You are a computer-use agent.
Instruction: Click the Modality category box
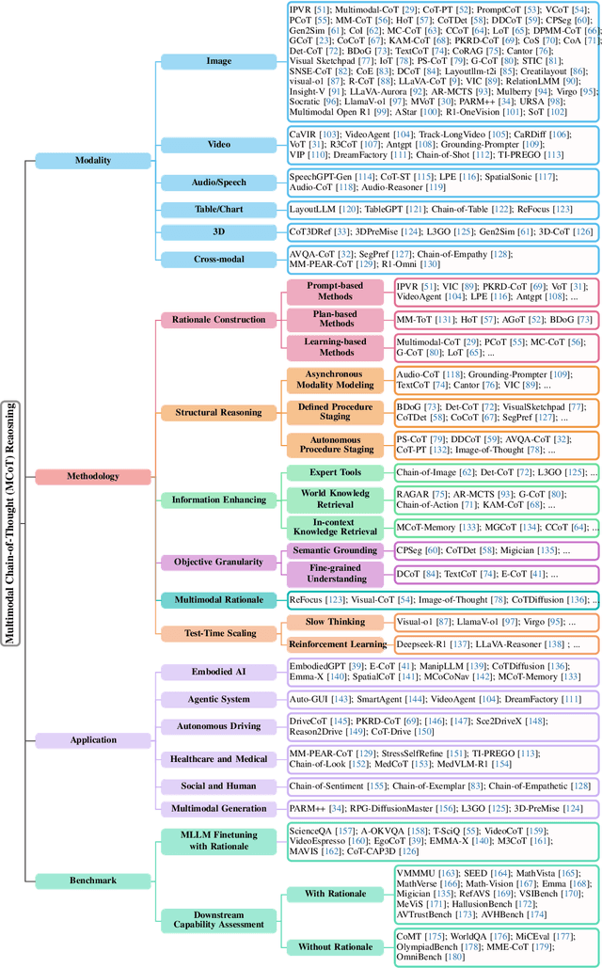(x=92, y=160)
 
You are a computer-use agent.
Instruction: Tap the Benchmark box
(x=92, y=881)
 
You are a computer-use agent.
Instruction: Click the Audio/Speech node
(x=218, y=182)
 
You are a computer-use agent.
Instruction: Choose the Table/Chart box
(x=218, y=208)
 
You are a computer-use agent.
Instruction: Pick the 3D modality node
(x=218, y=231)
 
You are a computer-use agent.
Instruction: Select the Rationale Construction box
(x=218, y=320)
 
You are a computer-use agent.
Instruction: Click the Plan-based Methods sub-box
(x=334, y=320)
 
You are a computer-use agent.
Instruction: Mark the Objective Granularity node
(x=218, y=562)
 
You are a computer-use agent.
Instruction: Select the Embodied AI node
(x=218, y=671)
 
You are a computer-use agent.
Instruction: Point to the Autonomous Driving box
(x=218, y=726)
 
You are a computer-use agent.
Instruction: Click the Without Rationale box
(x=336, y=945)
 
